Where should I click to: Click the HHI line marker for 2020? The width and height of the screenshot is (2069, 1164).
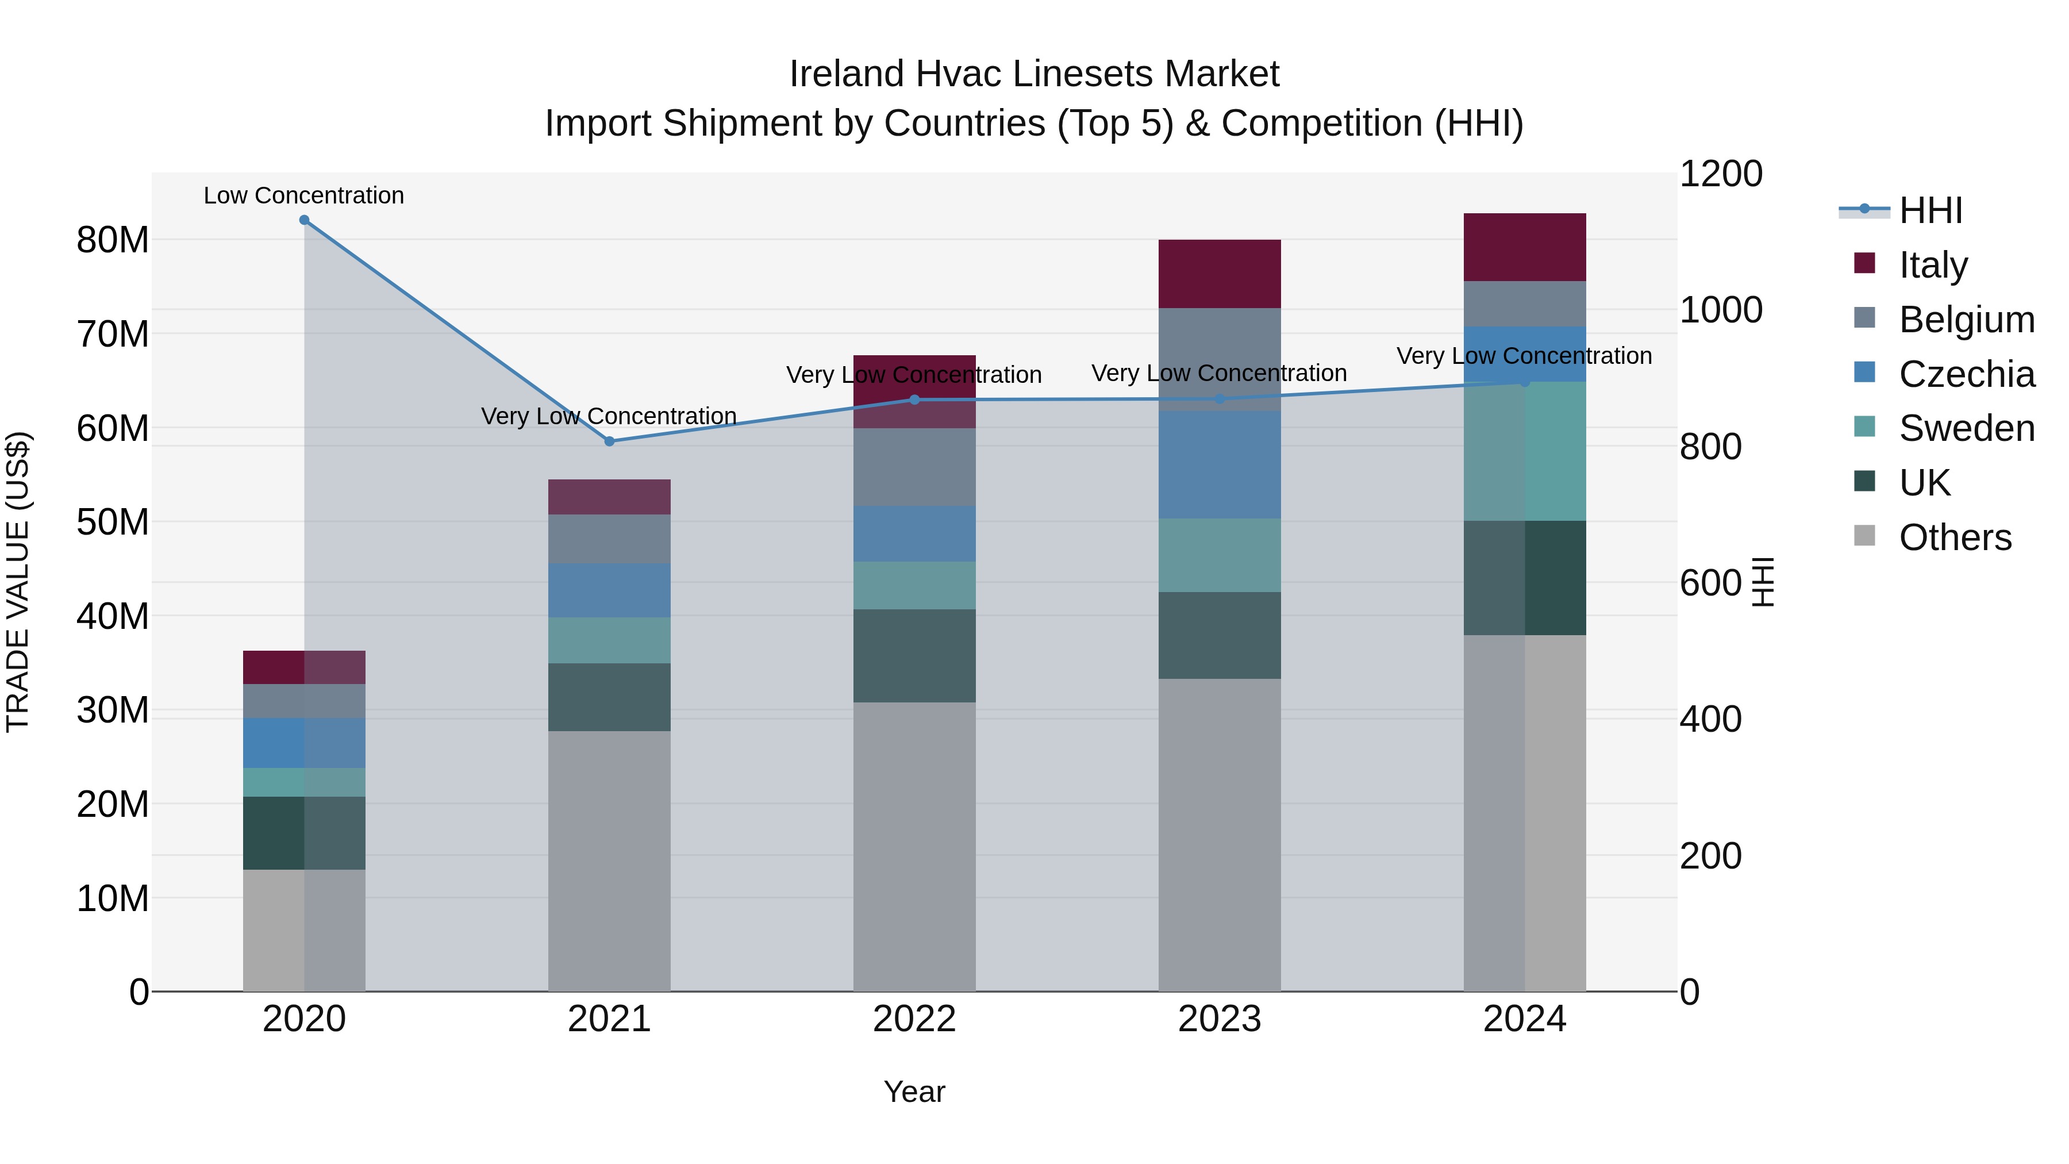pyautogui.click(x=305, y=220)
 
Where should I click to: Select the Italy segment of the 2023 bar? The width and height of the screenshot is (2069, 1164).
pyautogui.click(x=1219, y=273)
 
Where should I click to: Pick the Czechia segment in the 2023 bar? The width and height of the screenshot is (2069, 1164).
pyautogui.click(x=1219, y=464)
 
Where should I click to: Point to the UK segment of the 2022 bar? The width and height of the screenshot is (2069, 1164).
pyautogui.click(x=914, y=655)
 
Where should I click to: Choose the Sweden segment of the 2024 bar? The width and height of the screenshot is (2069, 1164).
pyautogui.click(x=1524, y=451)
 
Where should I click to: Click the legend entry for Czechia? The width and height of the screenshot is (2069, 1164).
pyautogui.click(x=1966, y=374)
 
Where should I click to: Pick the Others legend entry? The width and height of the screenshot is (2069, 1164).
pyautogui.click(x=1955, y=537)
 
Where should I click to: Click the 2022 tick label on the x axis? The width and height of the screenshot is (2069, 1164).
pyautogui.click(x=914, y=1019)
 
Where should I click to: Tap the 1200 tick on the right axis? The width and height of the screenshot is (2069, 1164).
pyautogui.click(x=1720, y=174)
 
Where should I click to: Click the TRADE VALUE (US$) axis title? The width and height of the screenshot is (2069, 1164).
pyautogui.click(x=18, y=582)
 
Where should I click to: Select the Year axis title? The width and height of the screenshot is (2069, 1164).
pyautogui.click(x=914, y=1092)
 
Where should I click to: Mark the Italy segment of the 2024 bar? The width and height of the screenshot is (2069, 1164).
pyautogui.click(x=1524, y=247)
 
